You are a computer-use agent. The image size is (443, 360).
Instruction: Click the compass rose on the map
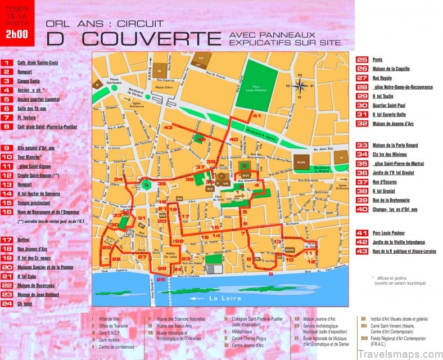click(x=301, y=86)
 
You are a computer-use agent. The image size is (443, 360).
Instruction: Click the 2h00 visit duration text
click(x=16, y=33)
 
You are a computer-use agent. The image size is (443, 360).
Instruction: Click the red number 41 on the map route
click(x=257, y=115)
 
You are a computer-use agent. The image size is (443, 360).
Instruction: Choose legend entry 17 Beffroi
click(x=24, y=240)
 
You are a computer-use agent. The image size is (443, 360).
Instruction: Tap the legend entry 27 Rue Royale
click(x=382, y=78)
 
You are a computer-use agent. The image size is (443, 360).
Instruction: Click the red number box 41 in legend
click(x=362, y=232)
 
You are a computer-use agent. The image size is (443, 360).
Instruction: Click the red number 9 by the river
click(x=270, y=274)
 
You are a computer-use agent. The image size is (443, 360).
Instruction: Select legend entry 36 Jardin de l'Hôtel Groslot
click(x=393, y=173)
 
